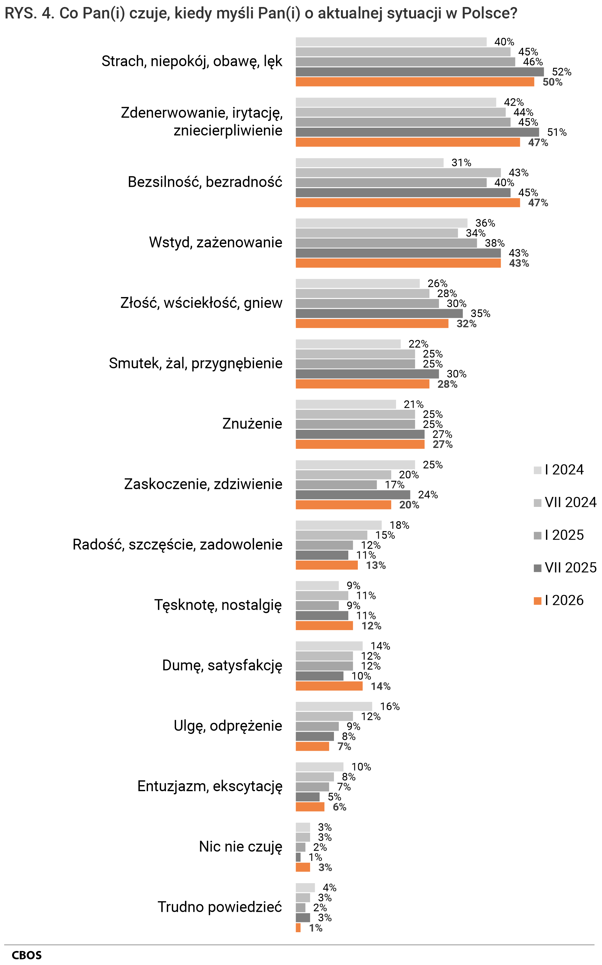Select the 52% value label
tap(561, 72)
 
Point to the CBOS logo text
tap(26, 955)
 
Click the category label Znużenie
tap(252, 423)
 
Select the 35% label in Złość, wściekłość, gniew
tap(480, 314)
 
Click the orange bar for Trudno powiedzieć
tap(298, 927)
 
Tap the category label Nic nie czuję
tap(240, 846)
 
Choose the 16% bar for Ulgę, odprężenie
tap(333, 706)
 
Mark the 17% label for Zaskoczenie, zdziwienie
tap(394, 485)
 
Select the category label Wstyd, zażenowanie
tap(216, 242)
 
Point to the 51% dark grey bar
tap(417, 132)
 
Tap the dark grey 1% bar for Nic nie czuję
tap(298, 857)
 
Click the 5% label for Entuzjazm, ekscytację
tap(334, 797)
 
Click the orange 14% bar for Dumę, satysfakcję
tap(329, 686)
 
